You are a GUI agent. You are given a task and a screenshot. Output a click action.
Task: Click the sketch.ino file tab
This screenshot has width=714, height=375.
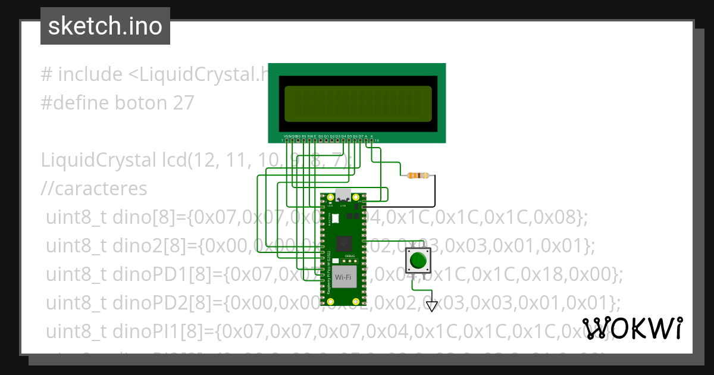(105, 26)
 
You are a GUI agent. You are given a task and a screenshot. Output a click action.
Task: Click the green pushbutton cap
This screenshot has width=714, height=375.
(418, 260)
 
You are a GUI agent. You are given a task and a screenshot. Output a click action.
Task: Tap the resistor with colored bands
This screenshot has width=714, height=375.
(417, 175)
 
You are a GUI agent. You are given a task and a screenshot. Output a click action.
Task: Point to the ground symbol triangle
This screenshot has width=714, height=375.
(432, 306)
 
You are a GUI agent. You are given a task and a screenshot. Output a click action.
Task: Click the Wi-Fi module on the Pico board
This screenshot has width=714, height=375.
(343, 278)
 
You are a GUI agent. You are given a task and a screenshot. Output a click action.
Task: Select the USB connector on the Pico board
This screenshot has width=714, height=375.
(343, 195)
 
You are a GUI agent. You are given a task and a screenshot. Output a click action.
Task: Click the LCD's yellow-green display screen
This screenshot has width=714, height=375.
(358, 104)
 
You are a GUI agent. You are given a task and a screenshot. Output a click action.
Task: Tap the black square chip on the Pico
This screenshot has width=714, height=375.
(343, 242)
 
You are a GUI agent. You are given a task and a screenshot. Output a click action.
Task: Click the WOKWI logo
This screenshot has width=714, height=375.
(632, 329)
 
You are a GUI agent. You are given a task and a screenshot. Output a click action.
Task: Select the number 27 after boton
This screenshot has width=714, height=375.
(184, 103)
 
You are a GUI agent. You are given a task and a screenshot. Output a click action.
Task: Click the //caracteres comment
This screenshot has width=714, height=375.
(94, 189)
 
